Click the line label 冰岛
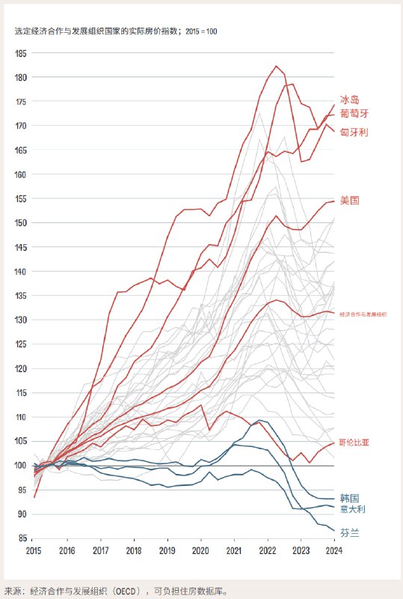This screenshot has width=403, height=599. point(349,100)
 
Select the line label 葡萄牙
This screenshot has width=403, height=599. point(354,113)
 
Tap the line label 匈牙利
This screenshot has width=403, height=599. point(354,132)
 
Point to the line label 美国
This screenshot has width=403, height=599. point(349,201)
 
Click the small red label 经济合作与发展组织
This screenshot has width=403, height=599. point(363,314)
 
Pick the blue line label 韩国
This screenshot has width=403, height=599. point(349,498)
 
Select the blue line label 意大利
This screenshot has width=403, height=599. point(354,509)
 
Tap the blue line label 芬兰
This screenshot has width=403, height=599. point(349,532)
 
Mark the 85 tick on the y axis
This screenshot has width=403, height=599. point(22,538)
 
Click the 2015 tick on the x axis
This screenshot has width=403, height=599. point(34,550)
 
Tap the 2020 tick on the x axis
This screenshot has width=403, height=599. point(200,550)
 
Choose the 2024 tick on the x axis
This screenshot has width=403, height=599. point(333,550)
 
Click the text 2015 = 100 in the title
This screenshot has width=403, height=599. point(200,32)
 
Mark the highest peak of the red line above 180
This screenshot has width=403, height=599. point(277,66)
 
